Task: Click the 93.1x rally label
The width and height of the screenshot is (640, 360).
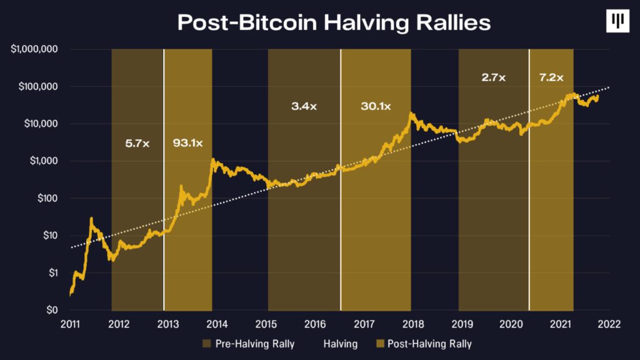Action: pos(187,143)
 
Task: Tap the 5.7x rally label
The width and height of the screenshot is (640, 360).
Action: pos(137,143)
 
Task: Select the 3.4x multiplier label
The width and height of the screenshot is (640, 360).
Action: pos(304,106)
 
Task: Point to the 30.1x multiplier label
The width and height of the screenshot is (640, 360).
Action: pos(376,106)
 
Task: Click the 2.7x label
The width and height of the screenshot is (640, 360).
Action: pos(494,78)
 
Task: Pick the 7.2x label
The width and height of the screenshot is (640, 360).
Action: pos(551,78)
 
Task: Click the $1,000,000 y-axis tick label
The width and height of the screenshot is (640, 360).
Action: pos(35,49)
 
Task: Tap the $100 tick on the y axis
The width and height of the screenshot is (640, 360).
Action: pos(47,198)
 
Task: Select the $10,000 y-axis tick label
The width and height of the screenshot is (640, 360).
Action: pos(42,124)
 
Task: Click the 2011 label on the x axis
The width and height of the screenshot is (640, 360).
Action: pos(70,324)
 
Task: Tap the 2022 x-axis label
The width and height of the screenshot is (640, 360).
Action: pos(609,324)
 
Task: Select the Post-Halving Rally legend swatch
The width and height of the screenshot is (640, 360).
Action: pos(378,344)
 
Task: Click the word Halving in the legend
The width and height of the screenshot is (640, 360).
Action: pos(341,344)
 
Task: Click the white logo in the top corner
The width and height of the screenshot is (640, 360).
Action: pos(617,21)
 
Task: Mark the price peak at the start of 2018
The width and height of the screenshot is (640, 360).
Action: pos(411,113)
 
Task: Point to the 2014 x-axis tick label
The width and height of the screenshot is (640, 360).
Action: pos(217,324)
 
